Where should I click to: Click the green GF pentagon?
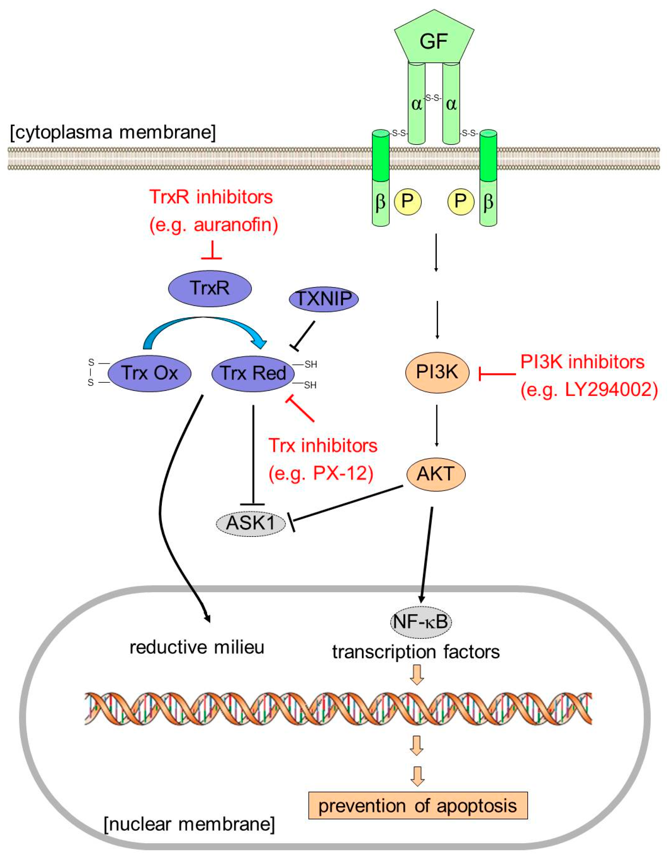click(x=434, y=38)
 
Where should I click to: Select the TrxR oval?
click(x=210, y=288)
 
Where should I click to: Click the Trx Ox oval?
click(x=149, y=373)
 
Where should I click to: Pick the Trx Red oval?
click(x=253, y=373)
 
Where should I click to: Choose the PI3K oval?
click(x=437, y=372)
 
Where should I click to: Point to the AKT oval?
click(x=436, y=474)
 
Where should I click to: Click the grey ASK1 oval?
click(x=251, y=523)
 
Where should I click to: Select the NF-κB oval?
click(x=420, y=621)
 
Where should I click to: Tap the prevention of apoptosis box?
click(x=418, y=805)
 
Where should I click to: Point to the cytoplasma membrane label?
click(x=113, y=132)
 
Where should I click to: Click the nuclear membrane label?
click(x=189, y=824)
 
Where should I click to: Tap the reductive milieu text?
click(x=197, y=647)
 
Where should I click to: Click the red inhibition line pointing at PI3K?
click(x=497, y=374)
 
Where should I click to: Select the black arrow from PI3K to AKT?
click(x=437, y=426)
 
